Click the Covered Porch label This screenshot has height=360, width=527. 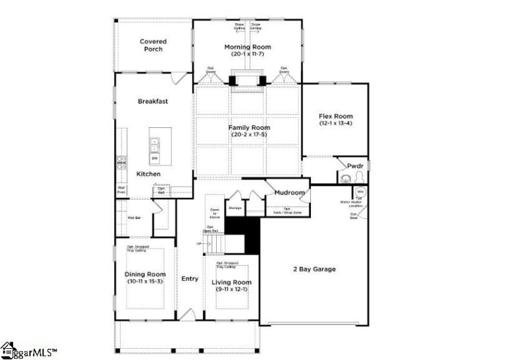point(153,45)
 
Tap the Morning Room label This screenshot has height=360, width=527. point(247,47)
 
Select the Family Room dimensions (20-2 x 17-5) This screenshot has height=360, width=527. point(250,135)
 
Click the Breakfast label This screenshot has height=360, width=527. point(153,102)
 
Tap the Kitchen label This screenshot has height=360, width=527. point(149,173)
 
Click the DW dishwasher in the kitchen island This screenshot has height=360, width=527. point(155,158)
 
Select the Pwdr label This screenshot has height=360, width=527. point(355,166)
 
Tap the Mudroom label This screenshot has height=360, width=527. point(290,193)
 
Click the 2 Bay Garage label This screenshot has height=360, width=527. point(314,269)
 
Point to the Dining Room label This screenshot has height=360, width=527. point(144,274)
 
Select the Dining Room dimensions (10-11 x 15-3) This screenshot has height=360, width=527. point(144,282)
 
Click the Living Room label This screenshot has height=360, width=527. point(231,282)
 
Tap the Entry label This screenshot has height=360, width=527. point(190,279)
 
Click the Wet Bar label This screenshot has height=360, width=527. point(133,217)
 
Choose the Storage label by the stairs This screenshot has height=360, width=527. point(235,208)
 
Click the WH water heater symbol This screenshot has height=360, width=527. point(361,193)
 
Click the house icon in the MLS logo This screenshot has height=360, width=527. point(8,349)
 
